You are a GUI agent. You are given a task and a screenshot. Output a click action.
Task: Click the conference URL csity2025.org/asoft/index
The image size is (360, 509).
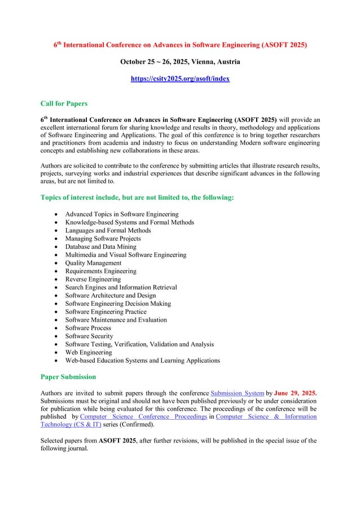click(180, 80)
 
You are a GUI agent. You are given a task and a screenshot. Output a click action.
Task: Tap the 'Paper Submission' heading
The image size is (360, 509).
click(68, 376)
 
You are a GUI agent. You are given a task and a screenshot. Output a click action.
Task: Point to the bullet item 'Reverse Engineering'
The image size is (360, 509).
click(93, 279)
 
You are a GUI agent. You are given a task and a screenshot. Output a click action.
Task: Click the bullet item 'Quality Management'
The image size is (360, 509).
click(93, 263)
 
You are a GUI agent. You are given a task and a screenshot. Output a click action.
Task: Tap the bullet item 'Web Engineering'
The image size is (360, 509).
click(89, 352)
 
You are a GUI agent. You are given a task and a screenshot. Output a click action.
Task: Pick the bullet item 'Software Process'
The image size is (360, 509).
click(88, 328)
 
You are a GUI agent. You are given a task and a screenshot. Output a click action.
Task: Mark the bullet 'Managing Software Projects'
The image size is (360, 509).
click(103, 239)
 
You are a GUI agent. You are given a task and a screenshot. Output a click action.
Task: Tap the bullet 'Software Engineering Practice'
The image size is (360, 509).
click(106, 311)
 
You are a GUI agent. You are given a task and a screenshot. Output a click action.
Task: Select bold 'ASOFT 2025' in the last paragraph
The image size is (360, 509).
click(117, 441)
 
